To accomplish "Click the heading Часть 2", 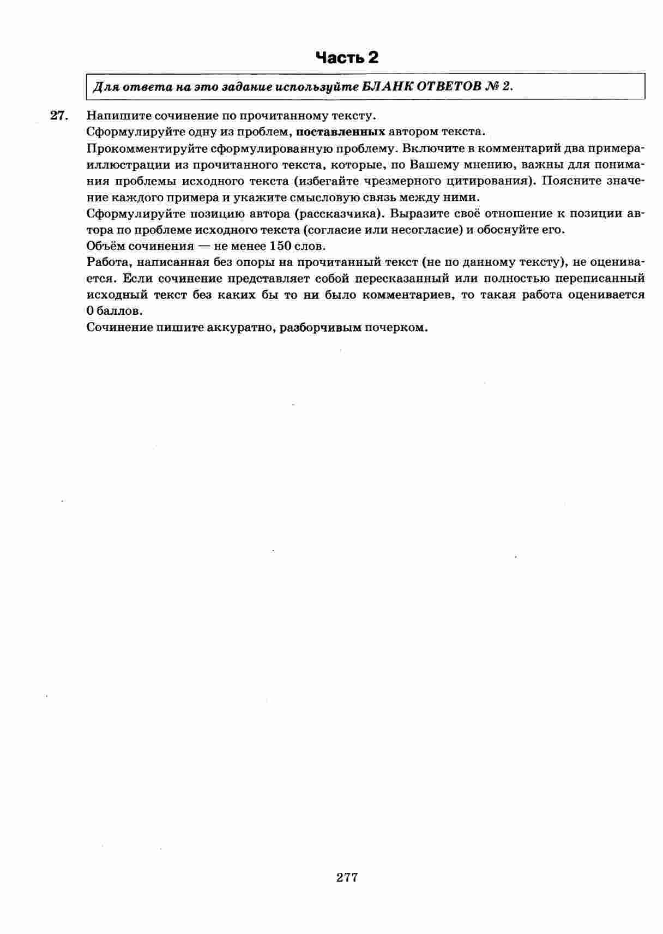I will pyautogui.click(x=347, y=57).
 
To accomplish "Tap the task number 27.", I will pyautogui.click(x=58, y=116).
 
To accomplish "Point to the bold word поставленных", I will pyautogui.click(x=340, y=132).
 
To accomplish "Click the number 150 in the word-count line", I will pyautogui.click(x=281, y=246).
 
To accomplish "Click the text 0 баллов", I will pyautogui.click(x=114, y=311).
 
